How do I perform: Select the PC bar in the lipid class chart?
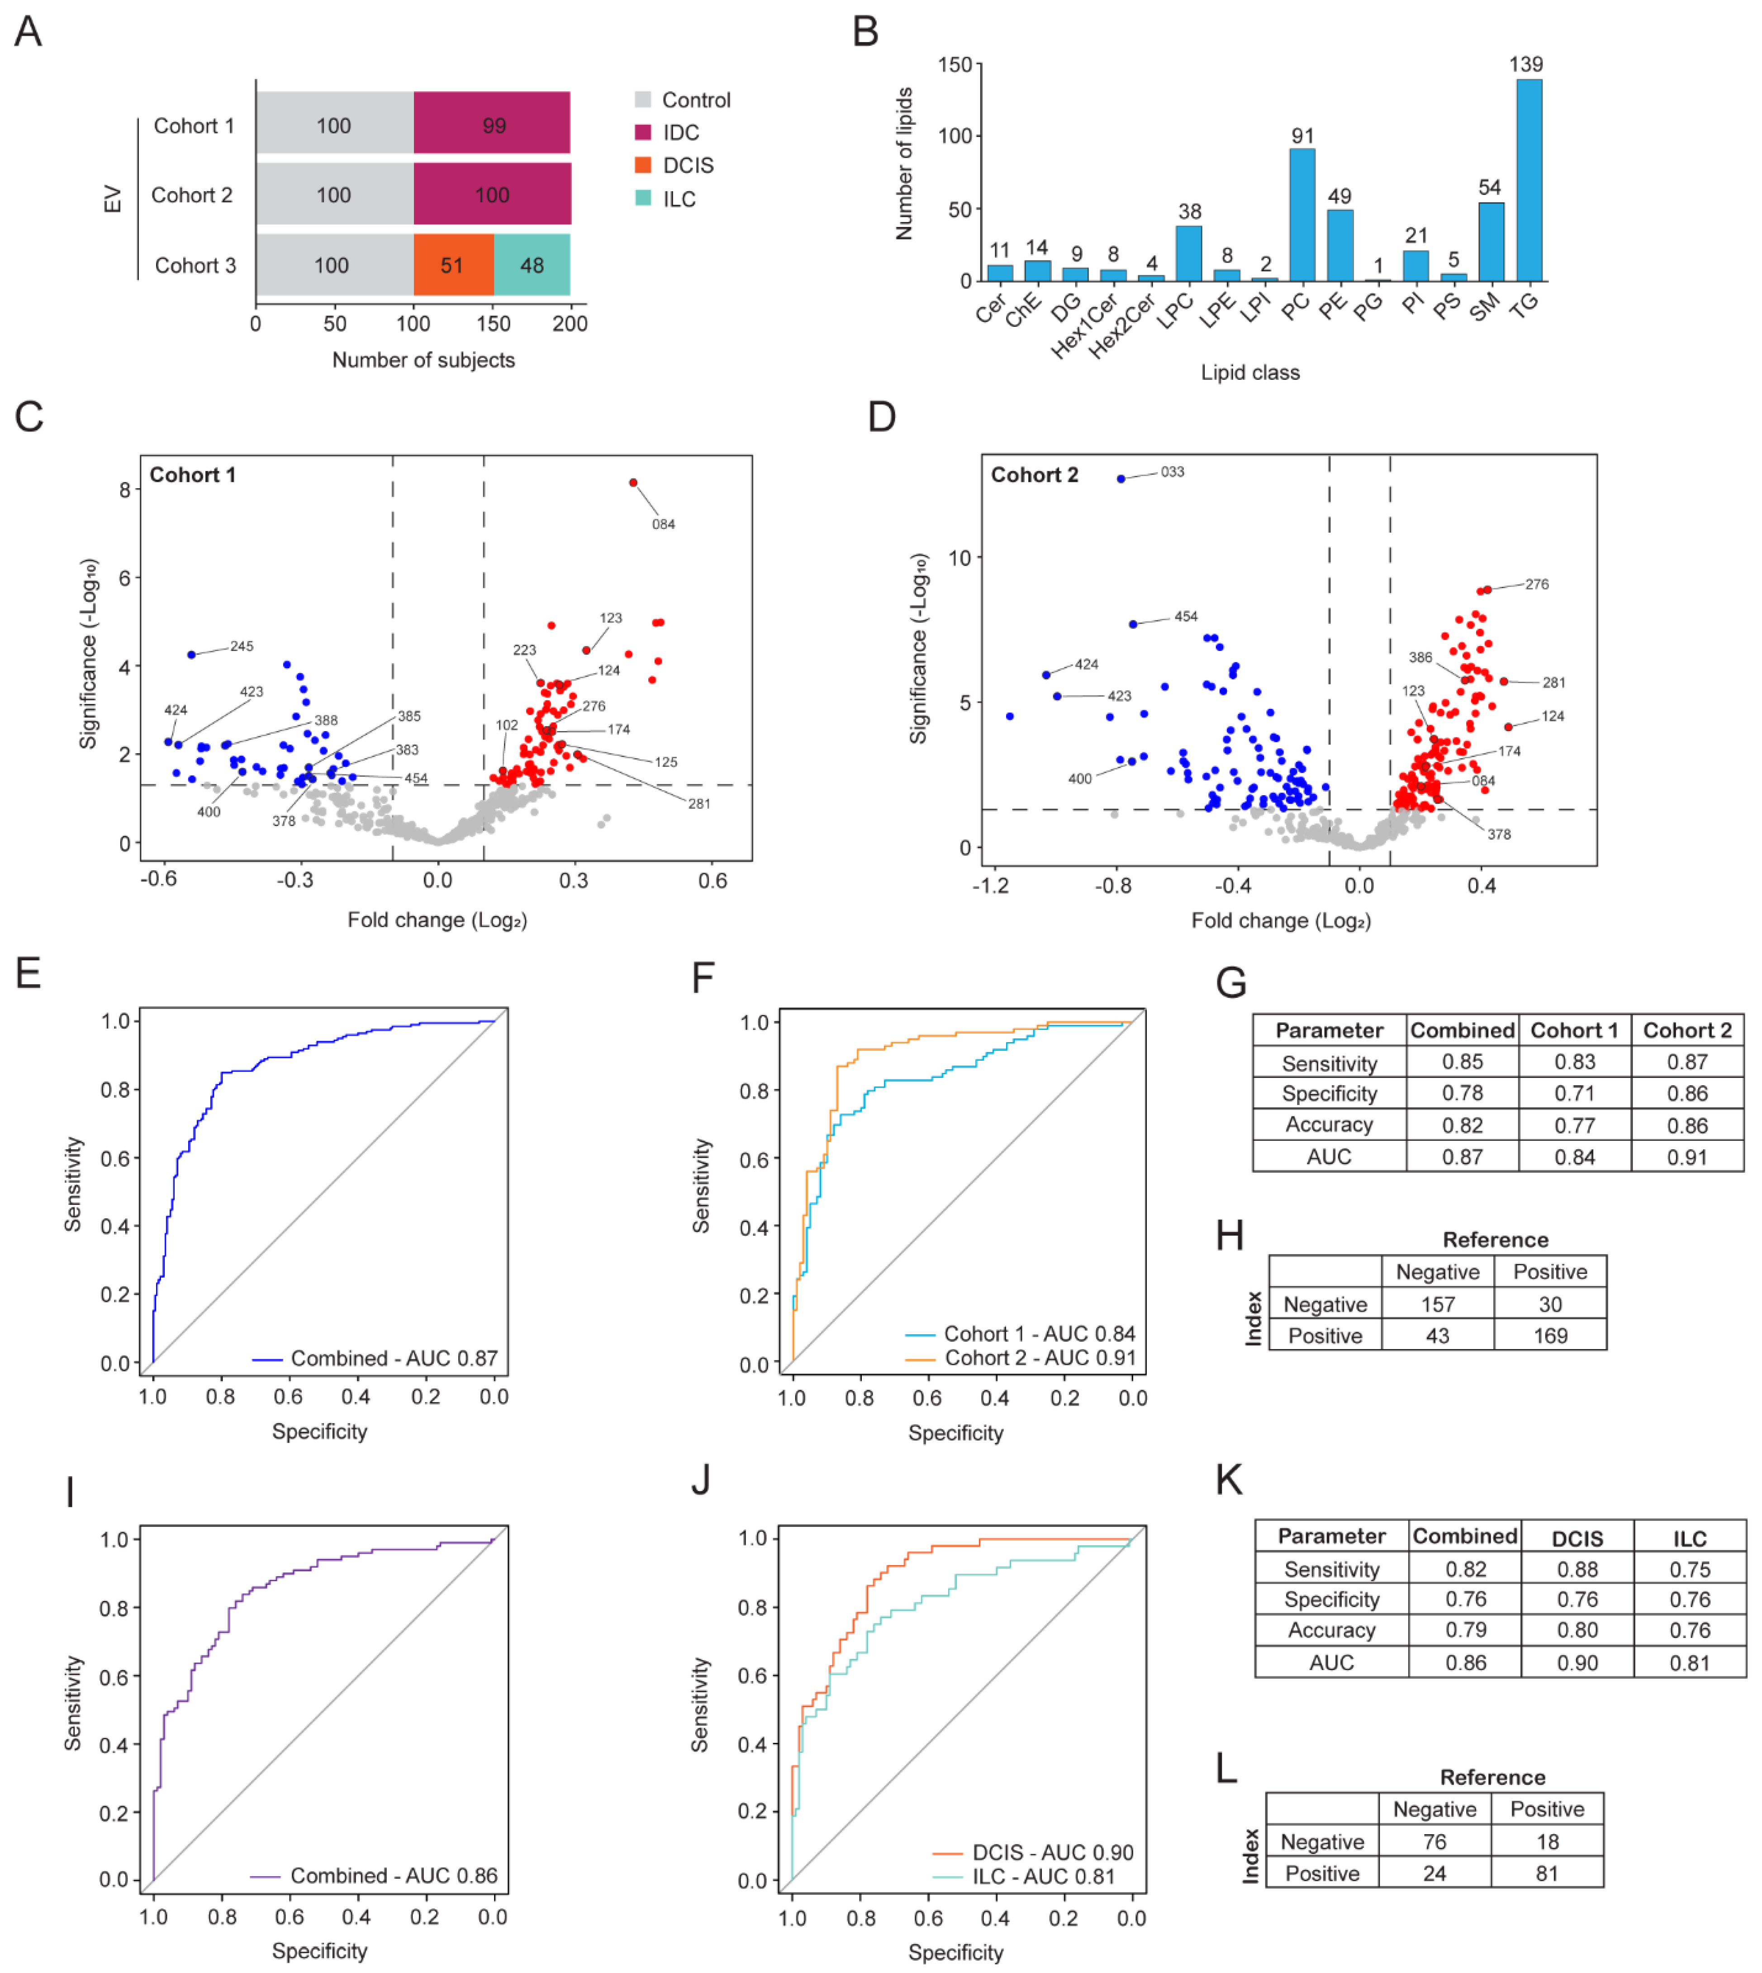click(1302, 215)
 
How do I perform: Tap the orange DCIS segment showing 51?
click(453, 265)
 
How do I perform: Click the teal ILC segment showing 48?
click(532, 265)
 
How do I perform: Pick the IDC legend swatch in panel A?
click(643, 132)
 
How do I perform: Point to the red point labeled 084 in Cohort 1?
click(633, 483)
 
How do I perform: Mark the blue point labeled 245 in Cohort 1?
click(192, 655)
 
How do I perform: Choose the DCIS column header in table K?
click(1577, 1539)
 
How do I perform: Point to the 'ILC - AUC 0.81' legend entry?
click(1043, 1876)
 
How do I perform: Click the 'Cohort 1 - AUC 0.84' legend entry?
click(1039, 1333)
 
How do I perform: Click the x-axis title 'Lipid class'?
click(1250, 373)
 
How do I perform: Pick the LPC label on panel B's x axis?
click(1175, 312)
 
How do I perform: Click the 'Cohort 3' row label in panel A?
click(195, 265)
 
